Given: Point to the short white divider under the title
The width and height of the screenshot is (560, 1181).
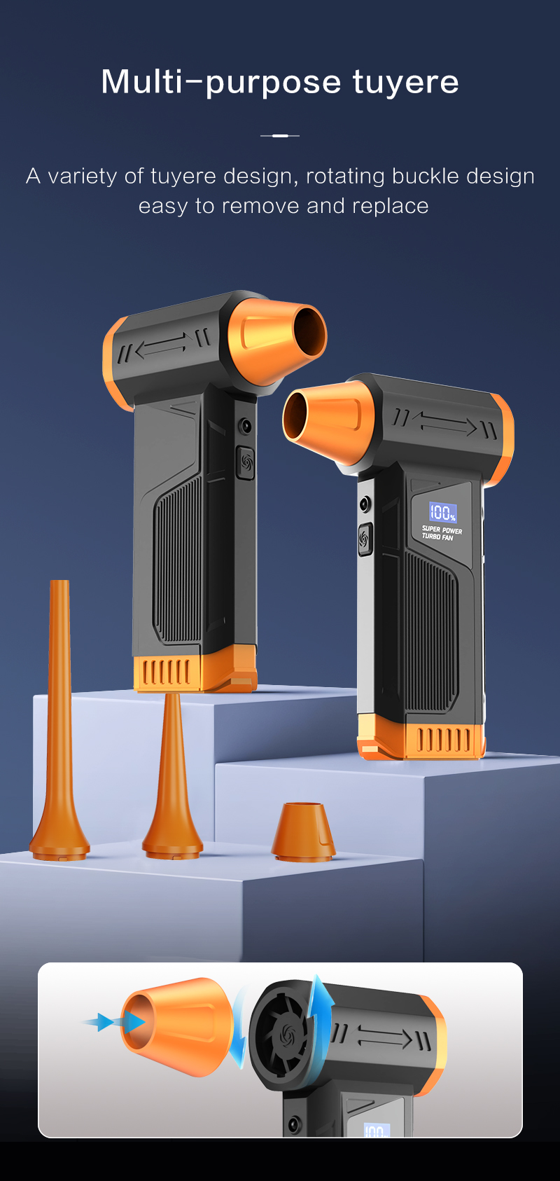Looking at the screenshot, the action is (x=280, y=135).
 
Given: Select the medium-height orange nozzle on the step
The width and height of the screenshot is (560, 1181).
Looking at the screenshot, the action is (x=172, y=778).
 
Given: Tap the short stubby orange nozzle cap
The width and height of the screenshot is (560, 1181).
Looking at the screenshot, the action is (x=303, y=832).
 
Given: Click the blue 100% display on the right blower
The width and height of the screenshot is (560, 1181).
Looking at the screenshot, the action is (x=442, y=512).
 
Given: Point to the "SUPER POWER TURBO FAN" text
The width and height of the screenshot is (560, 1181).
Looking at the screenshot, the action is (x=442, y=533).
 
